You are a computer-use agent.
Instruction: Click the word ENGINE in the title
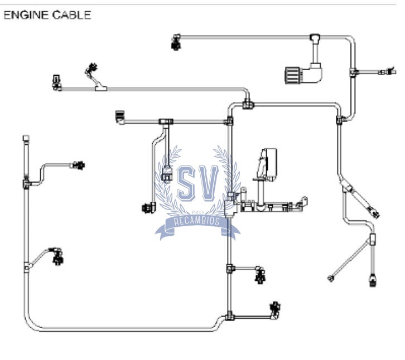(26, 15)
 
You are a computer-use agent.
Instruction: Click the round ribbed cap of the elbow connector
(292, 74)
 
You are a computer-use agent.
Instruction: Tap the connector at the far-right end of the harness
(385, 71)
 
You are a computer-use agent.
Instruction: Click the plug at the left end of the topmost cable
(176, 42)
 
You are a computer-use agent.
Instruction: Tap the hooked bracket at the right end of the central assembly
(304, 201)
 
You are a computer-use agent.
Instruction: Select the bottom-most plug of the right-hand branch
(373, 280)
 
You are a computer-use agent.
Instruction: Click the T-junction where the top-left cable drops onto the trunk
(247, 103)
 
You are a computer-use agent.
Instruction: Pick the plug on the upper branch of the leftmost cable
(79, 165)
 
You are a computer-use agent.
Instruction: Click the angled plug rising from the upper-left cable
(91, 69)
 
